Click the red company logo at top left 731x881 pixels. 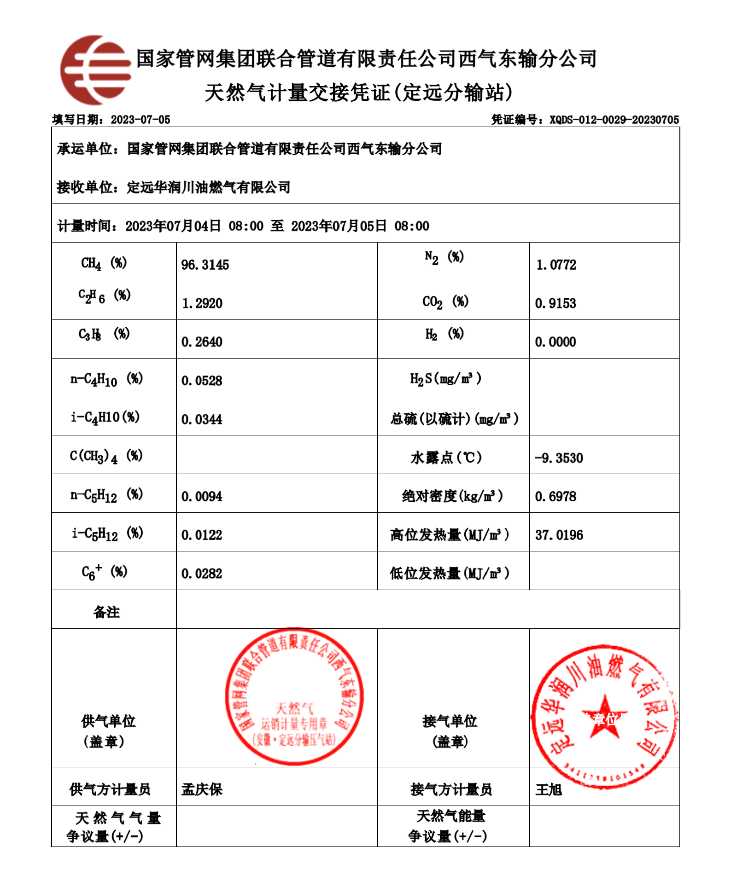click(x=95, y=70)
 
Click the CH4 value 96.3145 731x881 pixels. click(x=205, y=265)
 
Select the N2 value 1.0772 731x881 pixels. click(x=556, y=265)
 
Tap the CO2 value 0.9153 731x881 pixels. click(x=556, y=303)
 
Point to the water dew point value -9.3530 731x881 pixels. click(x=559, y=458)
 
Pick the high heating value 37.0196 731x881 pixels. click(x=559, y=535)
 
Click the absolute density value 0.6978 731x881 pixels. click(x=556, y=496)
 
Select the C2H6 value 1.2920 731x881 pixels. click(x=202, y=303)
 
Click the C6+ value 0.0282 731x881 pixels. click(x=202, y=574)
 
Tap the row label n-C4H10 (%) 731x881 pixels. click(x=106, y=379)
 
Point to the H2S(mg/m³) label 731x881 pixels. click(x=445, y=379)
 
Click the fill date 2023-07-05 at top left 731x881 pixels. click(x=140, y=120)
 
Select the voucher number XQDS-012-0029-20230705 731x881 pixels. click(x=614, y=120)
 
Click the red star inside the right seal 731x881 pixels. click(x=604, y=717)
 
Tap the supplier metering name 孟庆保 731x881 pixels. click(x=202, y=789)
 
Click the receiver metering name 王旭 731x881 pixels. click(x=549, y=790)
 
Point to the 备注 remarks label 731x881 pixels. click(x=106, y=612)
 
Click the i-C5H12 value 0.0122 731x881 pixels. click(x=202, y=535)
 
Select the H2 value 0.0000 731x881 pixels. click(x=556, y=342)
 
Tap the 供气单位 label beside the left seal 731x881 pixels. click(x=108, y=721)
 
